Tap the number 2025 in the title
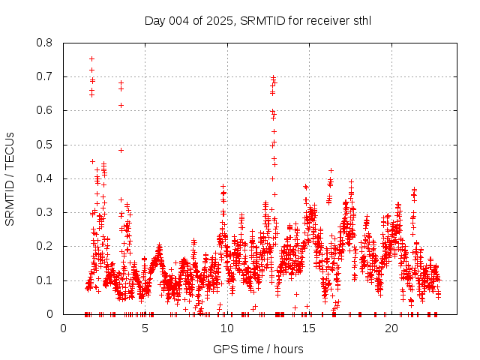pyautogui.click(x=223, y=20)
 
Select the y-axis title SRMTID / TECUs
pyautogui.click(x=10, y=178)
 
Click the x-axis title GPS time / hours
pyautogui.click(x=258, y=349)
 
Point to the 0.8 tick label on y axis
pyautogui.click(x=45, y=43)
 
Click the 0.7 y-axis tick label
pyautogui.click(x=45, y=76)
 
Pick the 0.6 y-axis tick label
pyautogui.click(x=45, y=110)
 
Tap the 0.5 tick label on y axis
pyautogui.click(x=45, y=145)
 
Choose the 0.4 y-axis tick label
pyautogui.click(x=45, y=178)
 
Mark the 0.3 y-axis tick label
pyautogui.click(x=45, y=212)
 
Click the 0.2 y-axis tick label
pyautogui.click(x=45, y=246)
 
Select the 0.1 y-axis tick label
pyautogui.click(x=45, y=280)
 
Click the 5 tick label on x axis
pyautogui.click(x=145, y=328)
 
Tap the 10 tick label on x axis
pyautogui.click(x=227, y=328)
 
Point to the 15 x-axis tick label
pyautogui.click(x=309, y=328)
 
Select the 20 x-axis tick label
pyautogui.click(x=391, y=328)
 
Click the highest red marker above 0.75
pyautogui.click(x=91, y=58)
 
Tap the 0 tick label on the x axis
pyautogui.click(x=63, y=328)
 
